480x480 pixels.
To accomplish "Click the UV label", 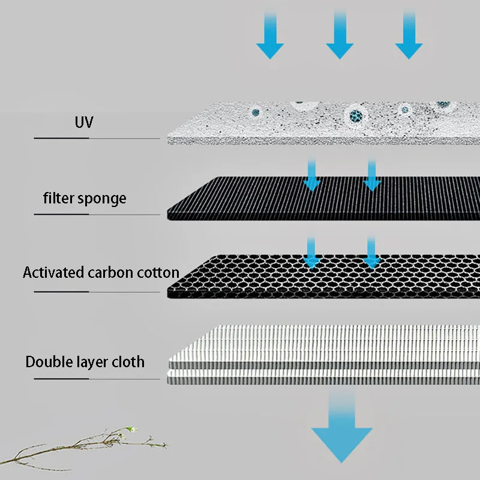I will pos(84,123).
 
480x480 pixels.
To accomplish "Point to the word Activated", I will pos(53,272).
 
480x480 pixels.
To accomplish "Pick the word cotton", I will pos(158,272).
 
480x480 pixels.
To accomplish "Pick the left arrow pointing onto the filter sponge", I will pos(311,176).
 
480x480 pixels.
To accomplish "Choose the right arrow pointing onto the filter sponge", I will pos(372,176).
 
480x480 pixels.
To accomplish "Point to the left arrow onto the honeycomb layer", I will pos(311,253).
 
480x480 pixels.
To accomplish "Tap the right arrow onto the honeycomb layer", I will pos(372,253).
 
